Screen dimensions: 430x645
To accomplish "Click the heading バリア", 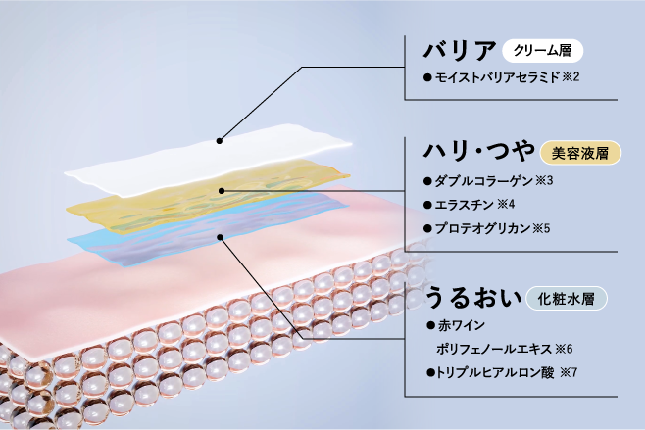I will pos(459,51).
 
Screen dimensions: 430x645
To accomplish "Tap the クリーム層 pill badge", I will pos(542,50).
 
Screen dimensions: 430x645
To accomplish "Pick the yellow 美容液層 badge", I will pos(580,153).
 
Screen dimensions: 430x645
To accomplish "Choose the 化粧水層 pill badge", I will pos(566,296).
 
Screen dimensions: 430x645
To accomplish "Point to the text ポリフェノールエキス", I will pos(492,348).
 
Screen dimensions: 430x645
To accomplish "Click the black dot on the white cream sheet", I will pos(220,140).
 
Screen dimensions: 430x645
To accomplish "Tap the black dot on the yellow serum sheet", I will pos(224,190).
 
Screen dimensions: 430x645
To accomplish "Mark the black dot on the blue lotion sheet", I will pos(223,235).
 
